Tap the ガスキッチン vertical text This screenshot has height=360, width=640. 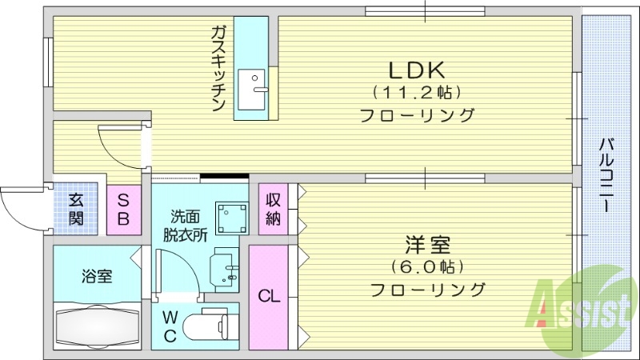tap(218, 68)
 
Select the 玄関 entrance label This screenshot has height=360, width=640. tap(75, 210)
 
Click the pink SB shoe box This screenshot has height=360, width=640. tap(125, 210)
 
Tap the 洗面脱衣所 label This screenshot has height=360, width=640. tap(185, 226)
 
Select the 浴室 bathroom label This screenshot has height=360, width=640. tap(97, 277)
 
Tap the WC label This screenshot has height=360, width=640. tap(170, 326)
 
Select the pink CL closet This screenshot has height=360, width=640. tap(268, 297)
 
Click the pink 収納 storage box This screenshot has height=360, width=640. tap(273, 210)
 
